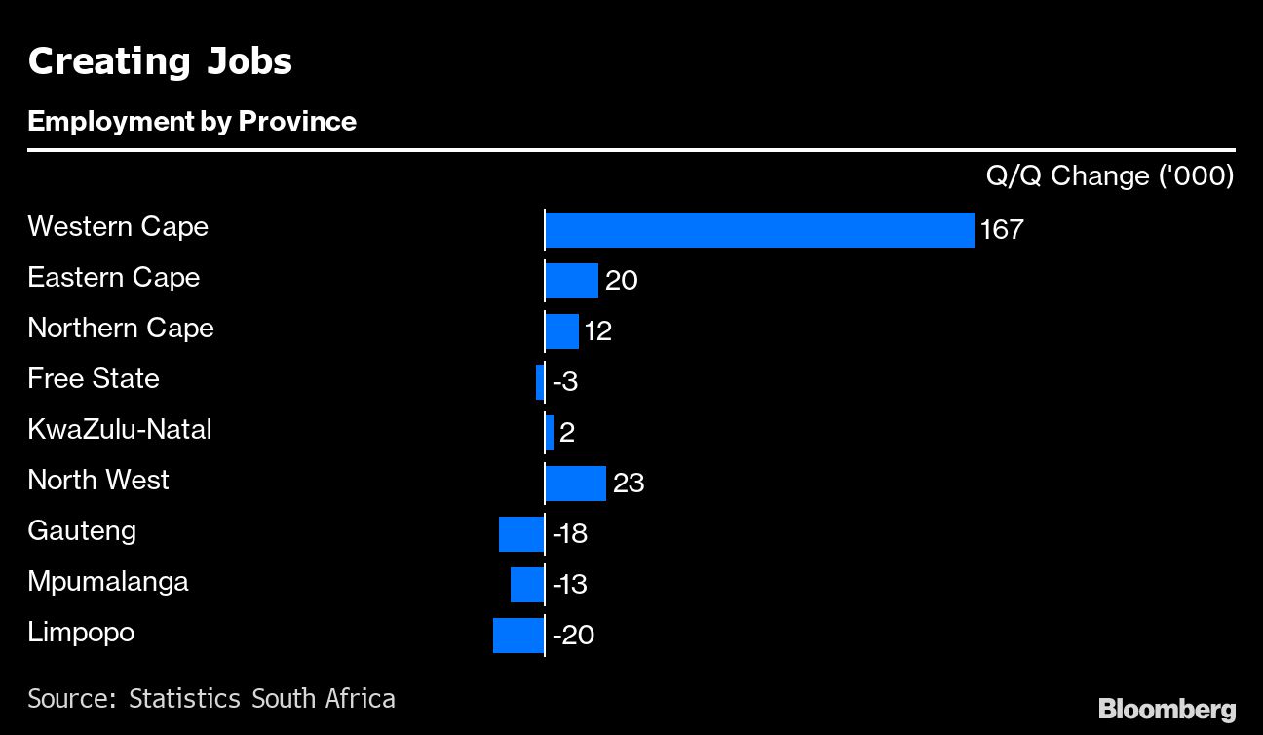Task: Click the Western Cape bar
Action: (x=759, y=230)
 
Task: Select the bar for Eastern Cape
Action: (x=571, y=281)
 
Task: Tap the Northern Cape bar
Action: (x=561, y=331)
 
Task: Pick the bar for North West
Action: (x=575, y=484)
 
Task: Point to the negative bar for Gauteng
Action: (x=520, y=534)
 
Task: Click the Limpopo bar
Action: (x=517, y=636)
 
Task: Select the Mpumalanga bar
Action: (x=526, y=585)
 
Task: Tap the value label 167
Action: (x=1002, y=230)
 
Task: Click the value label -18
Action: (x=569, y=534)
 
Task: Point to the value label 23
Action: (x=629, y=484)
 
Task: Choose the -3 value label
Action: (x=565, y=382)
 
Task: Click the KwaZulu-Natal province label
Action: (x=120, y=429)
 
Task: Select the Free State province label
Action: (x=94, y=378)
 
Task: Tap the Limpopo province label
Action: (x=81, y=632)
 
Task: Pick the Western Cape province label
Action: (x=118, y=226)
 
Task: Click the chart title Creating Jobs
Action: (x=160, y=61)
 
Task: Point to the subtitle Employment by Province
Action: (x=192, y=121)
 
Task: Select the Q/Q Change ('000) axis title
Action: (x=1110, y=175)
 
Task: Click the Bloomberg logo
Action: (x=1167, y=709)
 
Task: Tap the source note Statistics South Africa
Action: (x=211, y=698)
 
